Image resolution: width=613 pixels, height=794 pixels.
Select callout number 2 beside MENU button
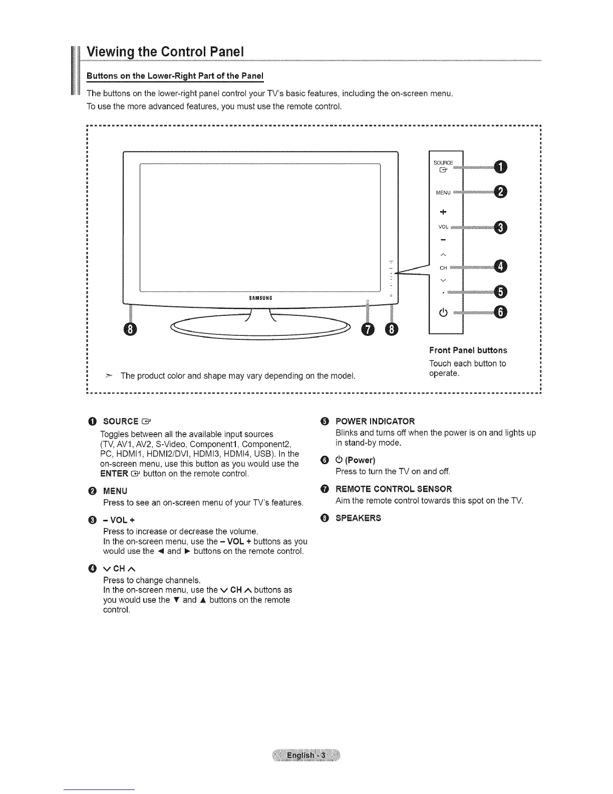coord(500,191)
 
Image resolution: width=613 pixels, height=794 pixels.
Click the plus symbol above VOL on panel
coord(443,211)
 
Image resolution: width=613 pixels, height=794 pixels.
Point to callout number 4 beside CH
coord(500,267)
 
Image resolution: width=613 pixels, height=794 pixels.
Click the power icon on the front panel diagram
coord(443,314)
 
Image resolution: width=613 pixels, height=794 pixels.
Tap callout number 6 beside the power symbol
coord(500,312)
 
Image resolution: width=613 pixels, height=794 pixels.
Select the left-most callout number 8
coord(130,329)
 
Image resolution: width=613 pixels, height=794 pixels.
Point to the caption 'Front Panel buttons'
coord(468,350)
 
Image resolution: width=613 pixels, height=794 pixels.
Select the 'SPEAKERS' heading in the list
coord(358,518)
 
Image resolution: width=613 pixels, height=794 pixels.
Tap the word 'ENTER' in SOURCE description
coord(117,474)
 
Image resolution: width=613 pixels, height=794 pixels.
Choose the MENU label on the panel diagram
coord(443,192)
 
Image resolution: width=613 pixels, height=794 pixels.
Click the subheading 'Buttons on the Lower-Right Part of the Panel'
coord(175,76)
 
